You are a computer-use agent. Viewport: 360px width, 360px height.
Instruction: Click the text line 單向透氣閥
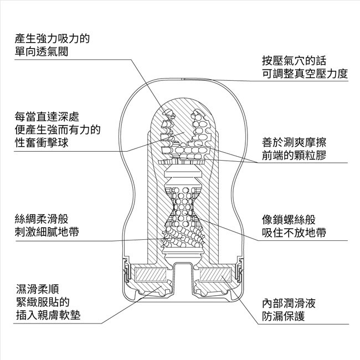click(x=42, y=52)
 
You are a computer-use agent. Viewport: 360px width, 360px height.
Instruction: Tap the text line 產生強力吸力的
click(x=52, y=38)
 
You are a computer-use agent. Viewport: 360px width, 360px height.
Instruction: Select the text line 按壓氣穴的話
click(x=294, y=61)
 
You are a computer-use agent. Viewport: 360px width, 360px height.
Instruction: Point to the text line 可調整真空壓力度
click(x=305, y=74)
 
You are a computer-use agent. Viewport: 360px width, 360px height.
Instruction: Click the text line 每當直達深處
click(x=47, y=117)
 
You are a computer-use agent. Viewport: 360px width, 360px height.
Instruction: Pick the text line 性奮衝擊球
click(x=42, y=142)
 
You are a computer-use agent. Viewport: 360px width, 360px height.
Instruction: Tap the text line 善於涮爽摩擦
click(x=294, y=142)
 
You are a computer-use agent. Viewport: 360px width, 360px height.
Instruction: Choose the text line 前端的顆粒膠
click(x=294, y=156)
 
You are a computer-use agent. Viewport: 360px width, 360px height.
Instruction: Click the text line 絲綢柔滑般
click(x=42, y=219)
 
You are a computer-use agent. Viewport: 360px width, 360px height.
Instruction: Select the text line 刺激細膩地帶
click(x=47, y=232)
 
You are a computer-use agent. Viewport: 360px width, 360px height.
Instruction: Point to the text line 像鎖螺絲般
click(x=289, y=220)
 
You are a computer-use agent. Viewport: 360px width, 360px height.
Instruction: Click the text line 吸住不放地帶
click(x=294, y=233)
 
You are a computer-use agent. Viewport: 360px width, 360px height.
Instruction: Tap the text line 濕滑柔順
click(x=38, y=289)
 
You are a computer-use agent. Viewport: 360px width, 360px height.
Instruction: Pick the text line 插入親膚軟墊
click(x=48, y=315)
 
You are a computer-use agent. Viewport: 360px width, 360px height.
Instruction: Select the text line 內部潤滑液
click(x=289, y=304)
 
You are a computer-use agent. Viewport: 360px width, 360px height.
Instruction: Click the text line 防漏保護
click(x=284, y=316)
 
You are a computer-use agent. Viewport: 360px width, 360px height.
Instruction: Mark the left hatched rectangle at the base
click(x=151, y=275)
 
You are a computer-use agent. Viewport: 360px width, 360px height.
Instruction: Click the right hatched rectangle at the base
click(x=215, y=275)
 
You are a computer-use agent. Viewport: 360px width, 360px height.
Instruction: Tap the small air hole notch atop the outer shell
click(x=183, y=79)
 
